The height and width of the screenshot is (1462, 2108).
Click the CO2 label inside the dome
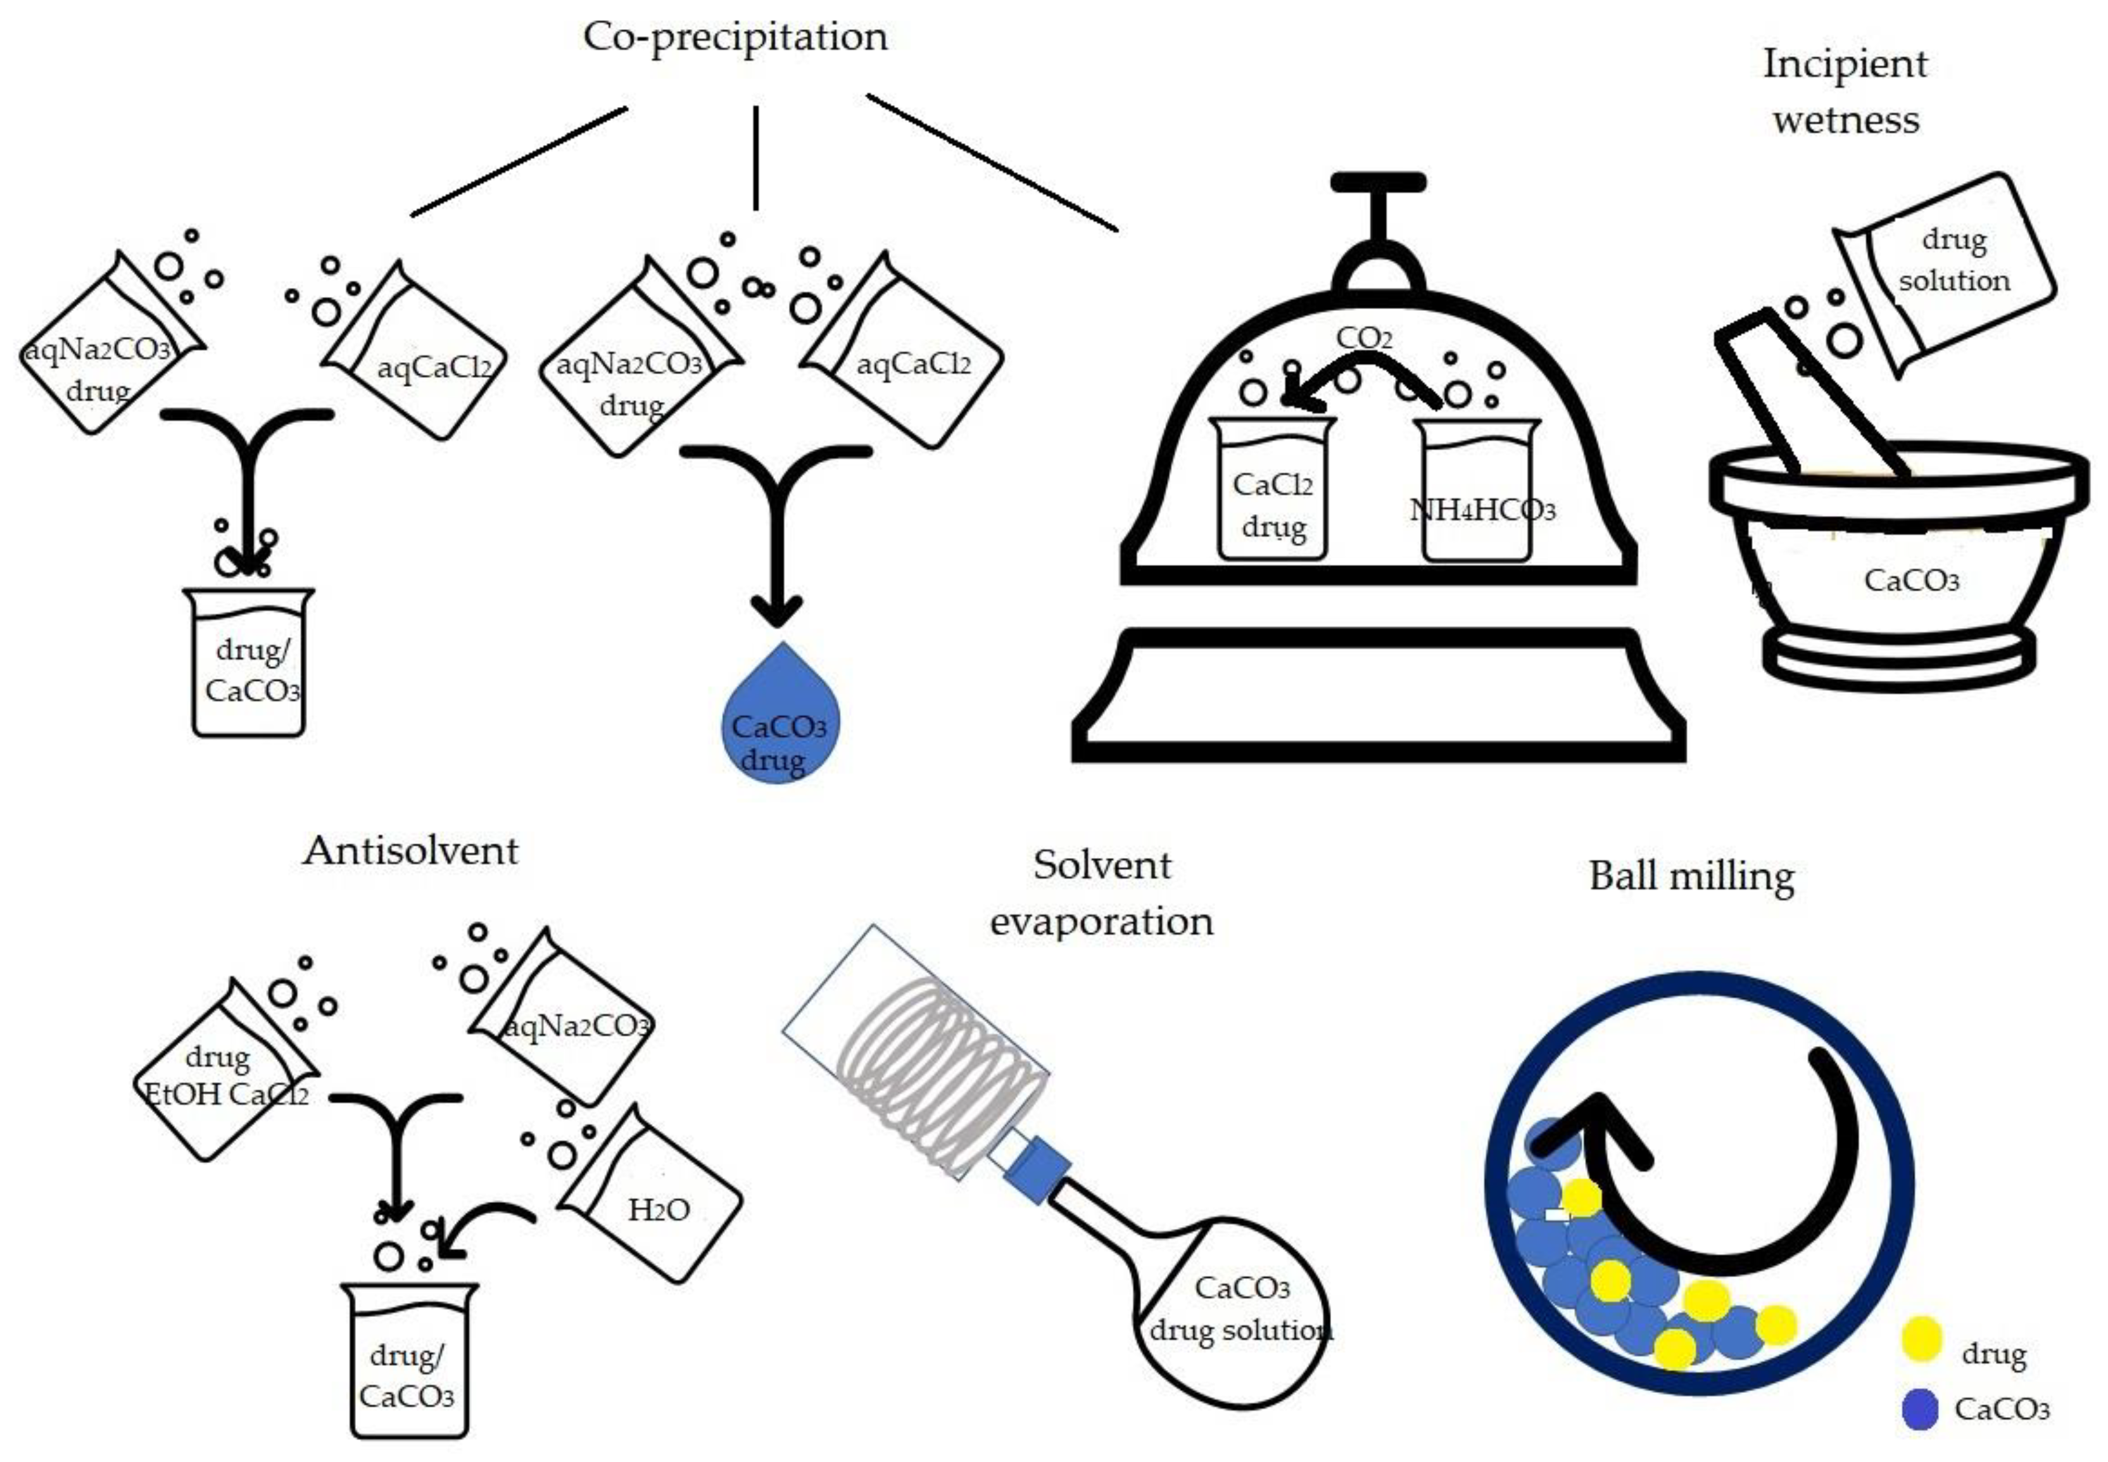(1363, 338)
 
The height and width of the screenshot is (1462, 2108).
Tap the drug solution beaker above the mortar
(1947, 271)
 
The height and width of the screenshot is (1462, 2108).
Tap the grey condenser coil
(939, 1054)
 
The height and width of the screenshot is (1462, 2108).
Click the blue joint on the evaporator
(1036, 1169)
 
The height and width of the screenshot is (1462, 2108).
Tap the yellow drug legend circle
(1921, 1339)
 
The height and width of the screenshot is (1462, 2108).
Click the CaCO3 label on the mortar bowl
(1911, 581)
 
